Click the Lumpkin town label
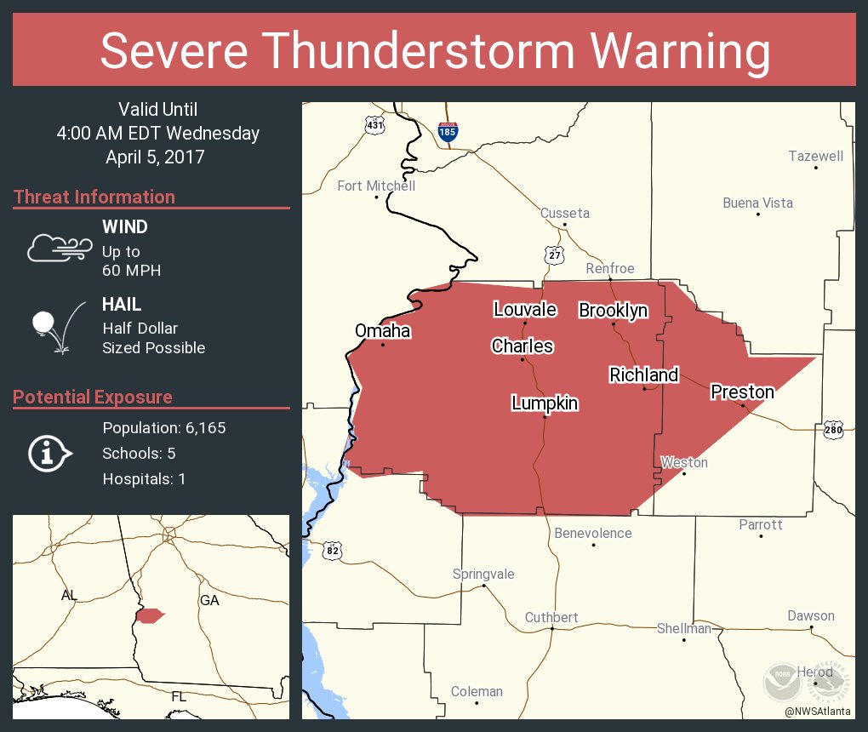(545, 403)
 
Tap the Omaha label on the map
(382, 331)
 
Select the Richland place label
(643, 375)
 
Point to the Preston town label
(742, 392)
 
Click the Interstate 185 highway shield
(447, 131)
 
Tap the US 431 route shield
(374, 125)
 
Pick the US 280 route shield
(833, 430)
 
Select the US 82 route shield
(332, 551)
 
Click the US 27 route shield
(555, 254)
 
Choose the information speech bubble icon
(49, 454)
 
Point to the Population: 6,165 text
(163, 428)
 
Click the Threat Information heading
(94, 197)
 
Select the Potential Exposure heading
(93, 397)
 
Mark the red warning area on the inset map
(149, 615)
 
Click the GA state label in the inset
(209, 600)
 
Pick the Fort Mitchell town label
(376, 186)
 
